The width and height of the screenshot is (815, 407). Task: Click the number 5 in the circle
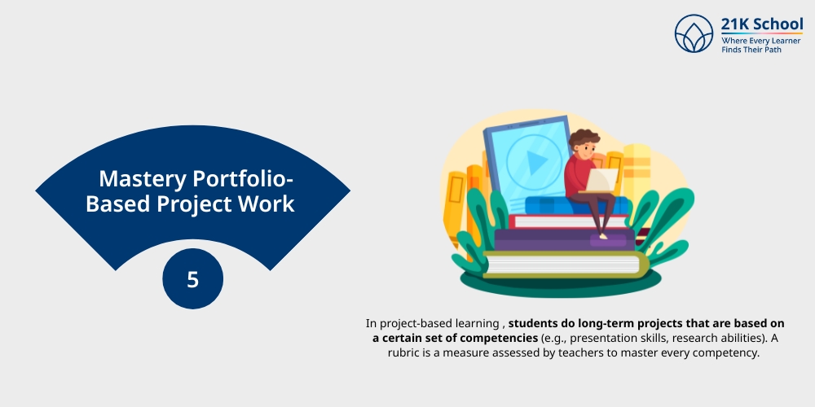(x=192, y=280)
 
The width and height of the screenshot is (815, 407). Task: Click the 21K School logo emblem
(x=694, y=33)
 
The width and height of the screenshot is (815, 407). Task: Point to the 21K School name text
(x=762, y=24)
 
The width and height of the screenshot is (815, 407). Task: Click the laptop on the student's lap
(x=604, y=181)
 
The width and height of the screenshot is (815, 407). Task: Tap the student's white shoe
(x=603, y=236)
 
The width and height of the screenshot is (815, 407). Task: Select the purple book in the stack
(x=562, y=239)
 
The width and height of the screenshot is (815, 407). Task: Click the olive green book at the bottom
(x=562, y=263)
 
